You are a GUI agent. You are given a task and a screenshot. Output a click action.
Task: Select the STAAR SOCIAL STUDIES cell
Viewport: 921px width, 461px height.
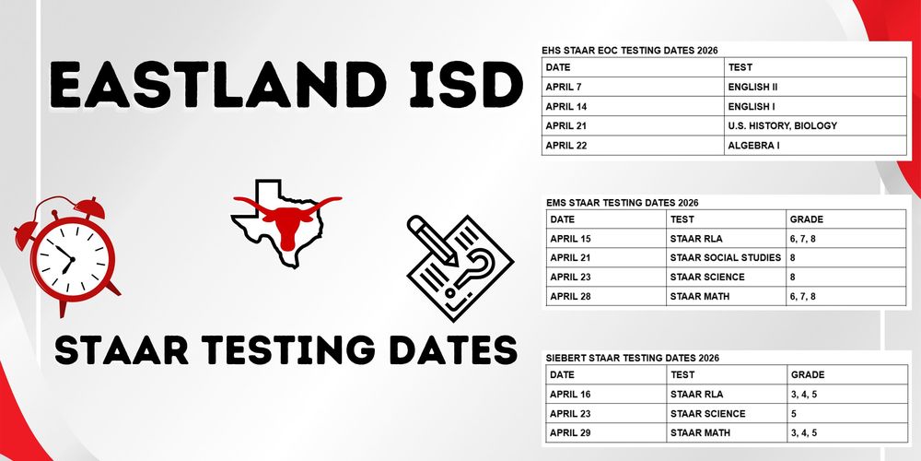click(x=727, y=257)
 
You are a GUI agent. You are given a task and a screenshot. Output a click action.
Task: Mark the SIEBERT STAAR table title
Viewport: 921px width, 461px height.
click(x=632, y=357)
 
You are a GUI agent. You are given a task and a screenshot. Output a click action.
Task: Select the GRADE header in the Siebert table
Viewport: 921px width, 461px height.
click(x=808, y=375)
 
